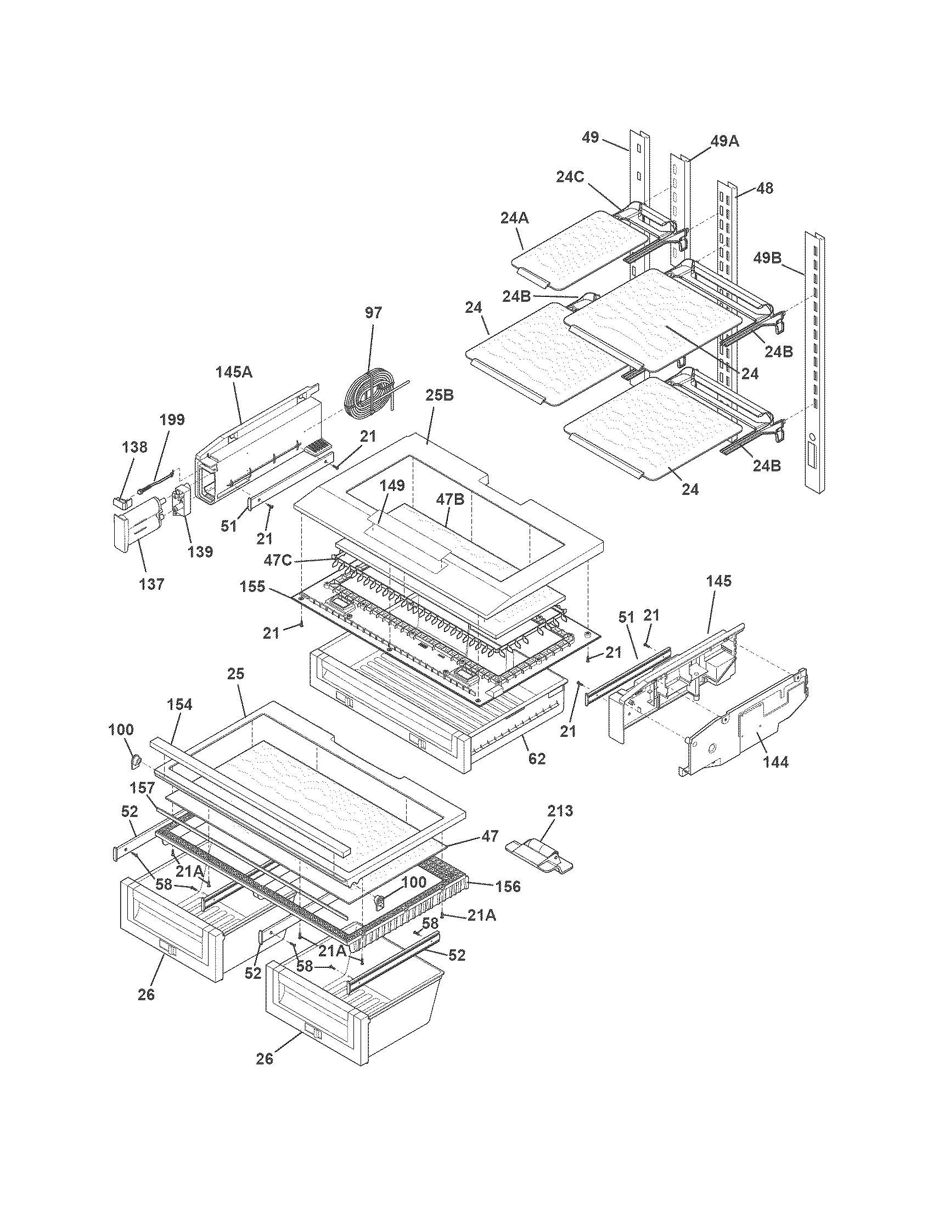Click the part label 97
click(373, 313)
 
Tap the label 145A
click(233, 372)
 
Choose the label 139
click(200, 551)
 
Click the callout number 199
click(172, 420)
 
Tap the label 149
click(392, 486)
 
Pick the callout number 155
click(253, 586)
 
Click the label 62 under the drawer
click(537, 758)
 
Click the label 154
click(179, 704)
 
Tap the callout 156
click(508, 886)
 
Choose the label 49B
click(767, 257)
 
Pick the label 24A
click(515, 218)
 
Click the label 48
click(765, 188)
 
